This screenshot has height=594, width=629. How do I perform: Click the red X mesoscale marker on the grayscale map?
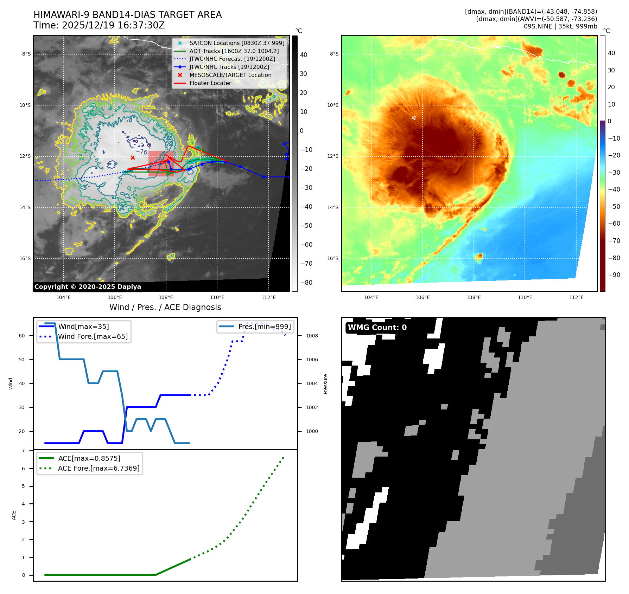pyautogui.click(x=133, y=158)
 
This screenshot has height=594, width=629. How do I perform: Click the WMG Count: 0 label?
pyautogui.click(x=377, y=328)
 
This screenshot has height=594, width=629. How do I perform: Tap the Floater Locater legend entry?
pyautogui.click(x=210, y=83)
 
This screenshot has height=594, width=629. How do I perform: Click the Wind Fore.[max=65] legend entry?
pyautogui.click(x=93, y=337)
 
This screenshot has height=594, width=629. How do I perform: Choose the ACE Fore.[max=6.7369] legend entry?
pyautogui.click(x=99, y=469)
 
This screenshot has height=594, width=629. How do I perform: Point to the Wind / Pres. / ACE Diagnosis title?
pyautogui.click(x=165, y=308)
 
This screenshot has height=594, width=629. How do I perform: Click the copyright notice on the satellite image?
pyautogui.click(x=88, y=287)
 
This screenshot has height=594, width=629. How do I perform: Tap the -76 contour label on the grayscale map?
pyautogui.click(x=141, y=152)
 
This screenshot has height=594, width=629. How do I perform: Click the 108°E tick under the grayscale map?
pyautogui.click(x=166, y=298)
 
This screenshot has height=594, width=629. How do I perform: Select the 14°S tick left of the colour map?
pyautogui.click(x=333, y=208)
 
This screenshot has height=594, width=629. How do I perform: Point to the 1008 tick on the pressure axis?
pyautogui.click(x=312, y=336)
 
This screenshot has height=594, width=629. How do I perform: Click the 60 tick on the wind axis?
pyautogui.click(x=22, y=336)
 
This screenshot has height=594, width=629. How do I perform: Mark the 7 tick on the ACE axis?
pyautogui.click(x=24, y=451)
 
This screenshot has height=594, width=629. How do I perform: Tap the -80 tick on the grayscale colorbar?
pyautogui.click(x=306, y=283)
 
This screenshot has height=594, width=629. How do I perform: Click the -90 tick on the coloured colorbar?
pyautogui.click(x=614, y=275)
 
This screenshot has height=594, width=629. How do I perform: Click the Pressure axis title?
pyautogui.click(x=326, y=384)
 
